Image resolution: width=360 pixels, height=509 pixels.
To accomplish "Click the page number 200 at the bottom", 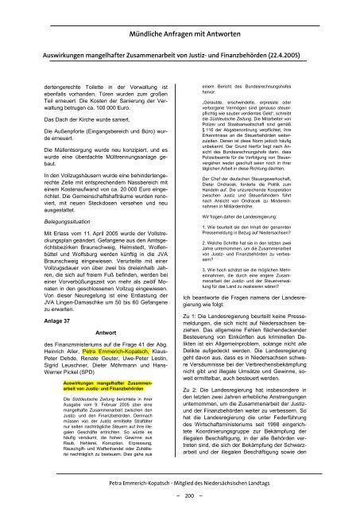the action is click(180, 493).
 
